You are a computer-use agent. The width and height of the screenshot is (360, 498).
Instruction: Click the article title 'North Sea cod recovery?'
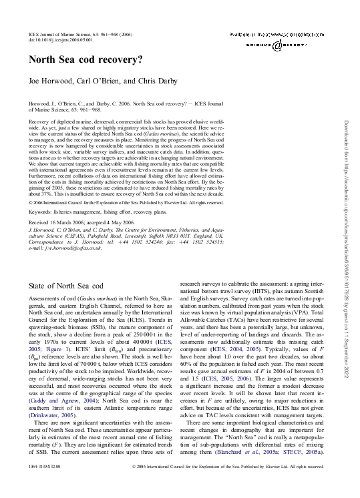(x=85, y=59)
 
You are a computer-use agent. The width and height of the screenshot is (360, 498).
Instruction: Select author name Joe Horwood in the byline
(x=51, y=81)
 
